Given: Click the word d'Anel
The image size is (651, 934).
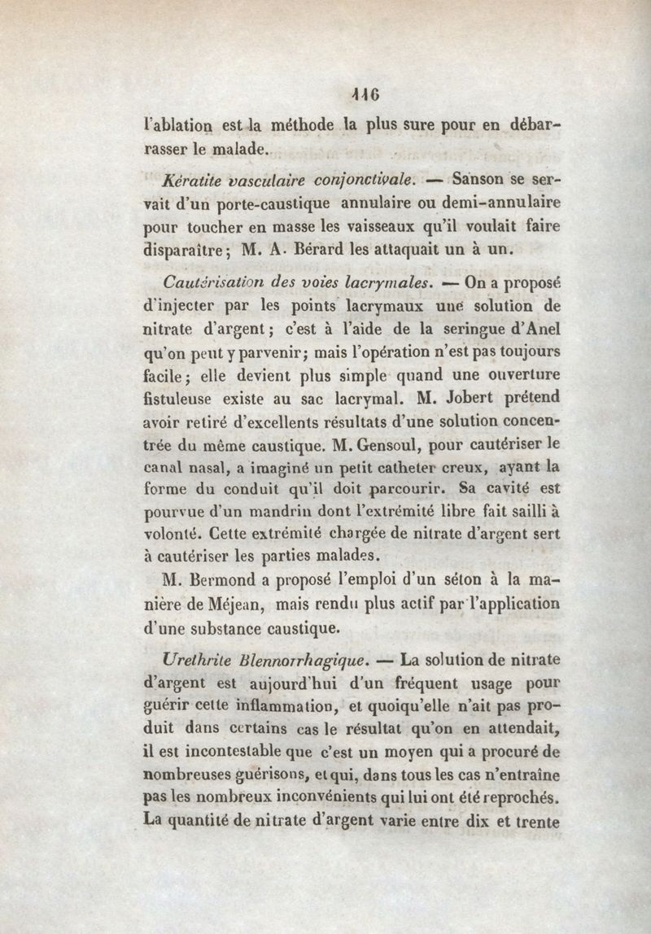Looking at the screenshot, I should tap(536, 331).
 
